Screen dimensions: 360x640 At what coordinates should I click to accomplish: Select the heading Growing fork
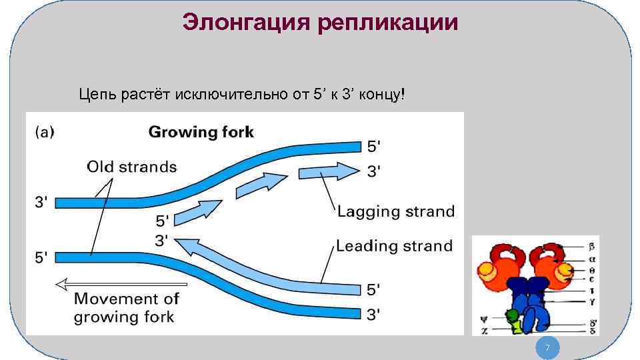[201, 132]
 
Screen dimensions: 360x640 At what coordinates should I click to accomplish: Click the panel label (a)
[44, 132]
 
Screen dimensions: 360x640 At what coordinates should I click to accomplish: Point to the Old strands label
[131, 166]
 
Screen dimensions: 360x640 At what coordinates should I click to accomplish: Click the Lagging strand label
[395, 212]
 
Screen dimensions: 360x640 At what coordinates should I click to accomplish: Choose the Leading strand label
[394, 246]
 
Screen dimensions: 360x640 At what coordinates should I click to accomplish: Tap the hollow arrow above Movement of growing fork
[121, 285]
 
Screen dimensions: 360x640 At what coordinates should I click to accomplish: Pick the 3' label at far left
[40, 200]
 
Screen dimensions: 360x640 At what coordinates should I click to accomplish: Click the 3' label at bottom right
[374, 313]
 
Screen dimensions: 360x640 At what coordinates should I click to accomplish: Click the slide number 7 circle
[547, 348]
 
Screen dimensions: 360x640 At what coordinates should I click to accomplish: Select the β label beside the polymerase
[591, 247]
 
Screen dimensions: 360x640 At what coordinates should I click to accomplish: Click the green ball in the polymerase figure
[512, 315]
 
